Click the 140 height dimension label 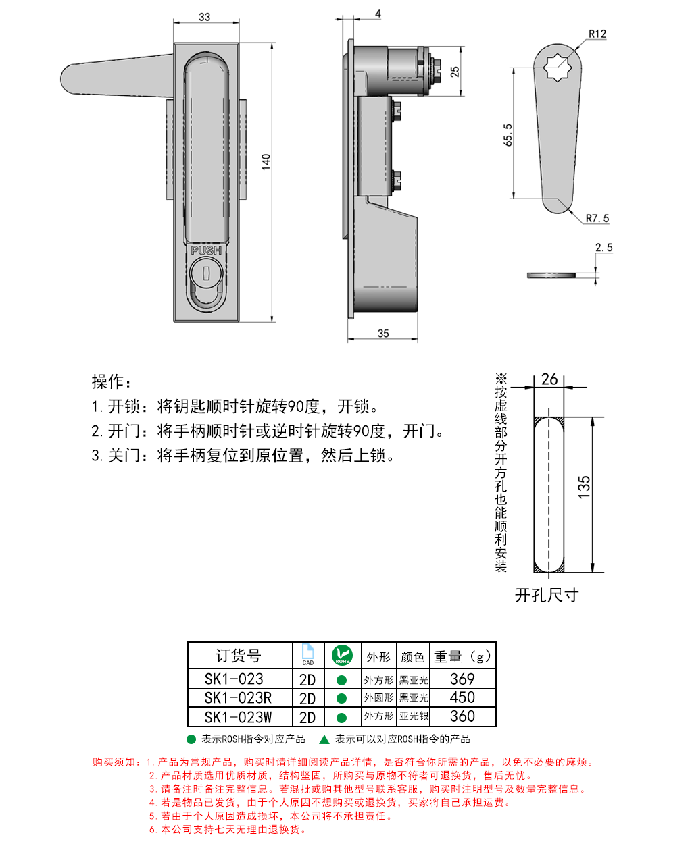coord(266,161)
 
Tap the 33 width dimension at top coord(205,16)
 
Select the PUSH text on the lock coord(206,250)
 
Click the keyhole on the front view coord(206,273)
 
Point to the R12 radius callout coord(597,34)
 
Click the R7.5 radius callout coord(597,218)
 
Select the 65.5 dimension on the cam coord(508,134)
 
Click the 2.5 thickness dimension coord(603,248)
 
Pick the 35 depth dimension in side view coord(383,333)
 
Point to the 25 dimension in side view coord(455,71)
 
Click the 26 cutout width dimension coord(549,379)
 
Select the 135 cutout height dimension coord(584,487)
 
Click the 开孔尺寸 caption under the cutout coord(547,595)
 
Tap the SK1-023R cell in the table coord(239,698)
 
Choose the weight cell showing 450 coord(462,698)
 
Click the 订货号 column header coord(239,656)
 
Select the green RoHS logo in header coord(342,655)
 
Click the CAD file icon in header coord(308,654)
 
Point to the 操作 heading coord(112,381)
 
